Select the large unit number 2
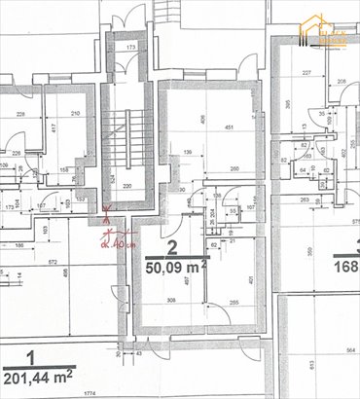[x=171, y=247]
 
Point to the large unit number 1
[x=31, y=357]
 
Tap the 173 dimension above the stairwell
[x=129, y=46]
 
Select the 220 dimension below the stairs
[x=126, y=185]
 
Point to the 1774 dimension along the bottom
[x=89, y=393]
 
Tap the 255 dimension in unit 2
[x=234, y=302]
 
